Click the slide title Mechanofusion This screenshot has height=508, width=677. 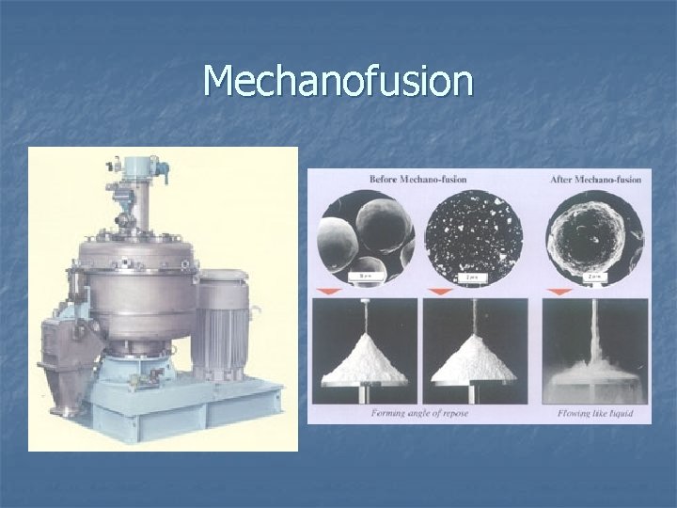click(x=338, y=81)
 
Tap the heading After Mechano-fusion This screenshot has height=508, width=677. click(x=596, y=179)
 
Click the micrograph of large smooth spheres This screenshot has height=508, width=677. click(x=363, y=235)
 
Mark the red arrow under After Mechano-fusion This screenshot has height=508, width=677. click(x=562, y=291)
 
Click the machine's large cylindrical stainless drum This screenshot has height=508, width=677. click(x=136, y=282)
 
